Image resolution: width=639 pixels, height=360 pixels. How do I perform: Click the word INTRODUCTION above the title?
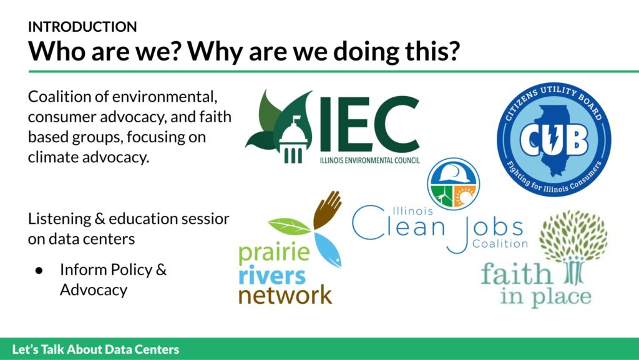coord(82,27)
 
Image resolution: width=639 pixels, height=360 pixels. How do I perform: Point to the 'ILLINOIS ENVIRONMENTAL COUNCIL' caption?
coord(369,160)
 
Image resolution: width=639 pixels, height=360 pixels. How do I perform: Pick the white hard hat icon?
coord(453,173)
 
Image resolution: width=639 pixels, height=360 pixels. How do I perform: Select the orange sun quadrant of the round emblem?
coord(464,196)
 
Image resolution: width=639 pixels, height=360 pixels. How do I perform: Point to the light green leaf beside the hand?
coord(290,226)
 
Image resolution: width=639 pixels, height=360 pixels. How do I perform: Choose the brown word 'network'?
coord(285,295)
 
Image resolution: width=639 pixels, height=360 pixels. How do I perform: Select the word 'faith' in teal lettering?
coord(516,273)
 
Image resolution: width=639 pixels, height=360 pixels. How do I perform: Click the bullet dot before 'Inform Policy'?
coord(39,270)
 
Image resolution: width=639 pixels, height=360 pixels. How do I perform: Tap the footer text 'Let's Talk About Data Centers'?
coord(95,349)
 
